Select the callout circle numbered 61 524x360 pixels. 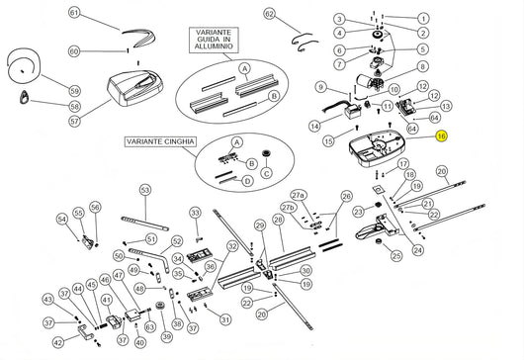coord(73,14)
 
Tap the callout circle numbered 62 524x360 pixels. coord(270,14)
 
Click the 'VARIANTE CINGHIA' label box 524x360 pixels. coord(159,142)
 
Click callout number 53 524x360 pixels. coord(144,189)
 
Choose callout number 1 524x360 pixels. coord(424,19)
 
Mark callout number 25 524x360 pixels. coord(396,256)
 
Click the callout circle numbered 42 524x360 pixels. coord(57,342)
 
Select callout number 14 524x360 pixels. coord(313,126)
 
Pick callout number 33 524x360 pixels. coord(195,213)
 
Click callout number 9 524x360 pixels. coord(320,87)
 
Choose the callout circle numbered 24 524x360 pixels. coord(418,250)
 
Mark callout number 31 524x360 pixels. coord(225,318)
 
